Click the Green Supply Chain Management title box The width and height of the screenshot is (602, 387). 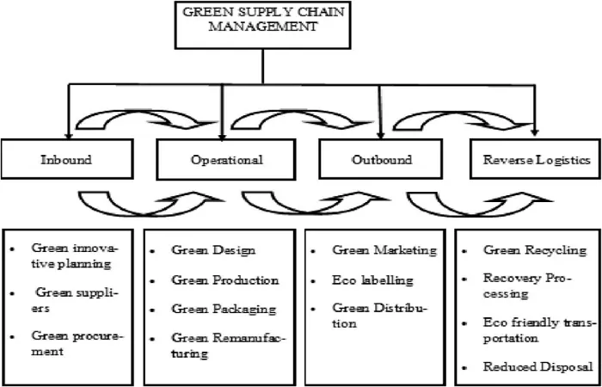coord(262,25)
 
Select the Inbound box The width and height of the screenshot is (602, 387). coord(67,159)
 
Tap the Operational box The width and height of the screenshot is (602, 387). coord(226,159)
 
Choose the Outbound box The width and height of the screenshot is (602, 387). coord(381,159)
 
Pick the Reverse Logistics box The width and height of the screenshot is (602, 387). coord(536,159)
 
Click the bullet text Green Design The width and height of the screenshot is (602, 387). coord(213,250)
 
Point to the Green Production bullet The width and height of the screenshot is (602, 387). coord(225,279)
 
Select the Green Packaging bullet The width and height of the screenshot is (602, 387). coord(224,309)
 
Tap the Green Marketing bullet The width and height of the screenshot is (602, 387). coord(384,250)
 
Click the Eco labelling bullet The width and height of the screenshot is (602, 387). coord(372,279)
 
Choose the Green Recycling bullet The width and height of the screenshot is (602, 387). coord(535,250)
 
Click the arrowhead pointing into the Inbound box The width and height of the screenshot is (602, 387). coord(68,136)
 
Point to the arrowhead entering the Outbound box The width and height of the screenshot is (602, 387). coord(380,136)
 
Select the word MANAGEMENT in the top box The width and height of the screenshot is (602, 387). coord(262,28)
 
